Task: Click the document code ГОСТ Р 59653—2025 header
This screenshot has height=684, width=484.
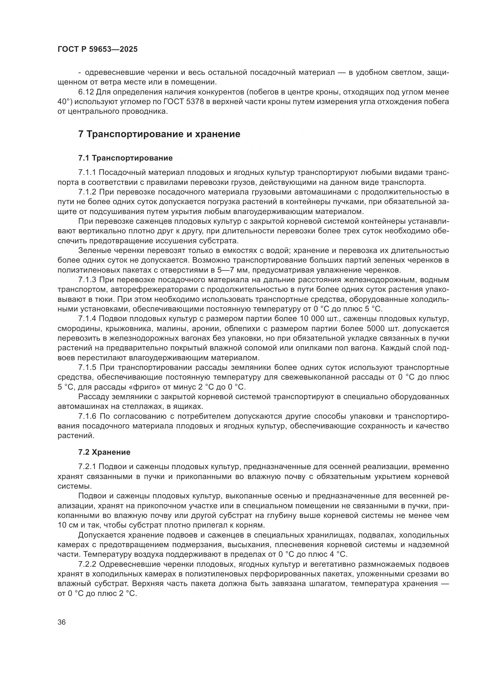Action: pos(97,49)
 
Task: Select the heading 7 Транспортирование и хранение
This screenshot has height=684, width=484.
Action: pos(159,134)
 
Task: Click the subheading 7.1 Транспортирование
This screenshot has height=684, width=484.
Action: pos(126,158)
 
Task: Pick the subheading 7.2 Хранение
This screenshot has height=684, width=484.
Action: pos(104,452)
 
